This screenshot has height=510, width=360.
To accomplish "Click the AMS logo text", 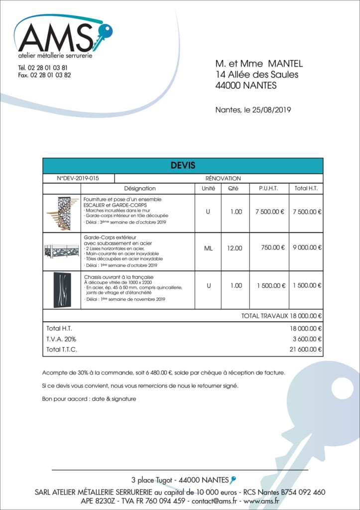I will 55,38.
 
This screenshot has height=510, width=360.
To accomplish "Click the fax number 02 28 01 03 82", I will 50,75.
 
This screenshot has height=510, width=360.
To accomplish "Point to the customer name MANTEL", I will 285,64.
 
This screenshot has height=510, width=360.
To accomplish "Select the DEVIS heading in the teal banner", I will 183,165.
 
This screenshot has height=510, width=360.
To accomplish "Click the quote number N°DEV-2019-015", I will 78,178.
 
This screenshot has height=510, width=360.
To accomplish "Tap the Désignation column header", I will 139,189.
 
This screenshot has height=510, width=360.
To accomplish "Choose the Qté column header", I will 233,189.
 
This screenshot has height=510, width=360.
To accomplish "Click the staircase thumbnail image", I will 63,213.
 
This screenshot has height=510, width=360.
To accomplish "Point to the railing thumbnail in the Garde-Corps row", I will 62,251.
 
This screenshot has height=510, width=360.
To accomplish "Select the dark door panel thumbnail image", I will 62,289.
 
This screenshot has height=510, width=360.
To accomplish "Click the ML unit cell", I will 208,248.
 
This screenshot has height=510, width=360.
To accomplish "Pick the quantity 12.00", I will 235,248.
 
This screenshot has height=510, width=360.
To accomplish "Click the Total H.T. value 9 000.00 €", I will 307,248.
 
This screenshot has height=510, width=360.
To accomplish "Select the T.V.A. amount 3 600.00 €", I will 306,339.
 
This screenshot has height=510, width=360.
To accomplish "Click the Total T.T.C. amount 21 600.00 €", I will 305,349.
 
